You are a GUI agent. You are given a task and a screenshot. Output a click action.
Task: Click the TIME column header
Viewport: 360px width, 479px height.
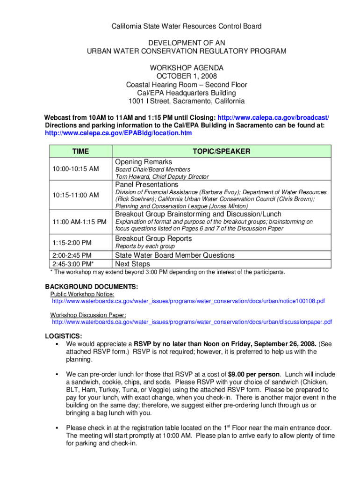(x=80, y=151)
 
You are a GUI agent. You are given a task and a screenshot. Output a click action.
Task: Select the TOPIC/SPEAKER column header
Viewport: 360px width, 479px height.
(x=221, y=151)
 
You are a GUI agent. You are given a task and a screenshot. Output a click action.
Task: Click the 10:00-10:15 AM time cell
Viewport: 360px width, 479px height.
(x=75, y=169)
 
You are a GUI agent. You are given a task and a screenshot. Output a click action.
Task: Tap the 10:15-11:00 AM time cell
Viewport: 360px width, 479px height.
(x=75, y=195)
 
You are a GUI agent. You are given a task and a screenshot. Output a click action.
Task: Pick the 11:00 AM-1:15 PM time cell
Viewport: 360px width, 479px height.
(x=79, y=221)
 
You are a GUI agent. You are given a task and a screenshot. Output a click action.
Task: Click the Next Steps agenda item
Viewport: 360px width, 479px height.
(x=133, y=264)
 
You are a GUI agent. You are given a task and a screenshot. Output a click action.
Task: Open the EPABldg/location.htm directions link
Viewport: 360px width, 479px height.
(x=118, y=133)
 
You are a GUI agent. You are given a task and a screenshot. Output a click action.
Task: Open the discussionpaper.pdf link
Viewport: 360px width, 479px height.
(x=192, y=322)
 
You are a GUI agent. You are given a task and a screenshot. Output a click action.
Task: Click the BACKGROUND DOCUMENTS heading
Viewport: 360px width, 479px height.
(x=91, y=286)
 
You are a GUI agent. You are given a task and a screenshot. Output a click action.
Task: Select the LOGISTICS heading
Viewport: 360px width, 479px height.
(x=64, y=336)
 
